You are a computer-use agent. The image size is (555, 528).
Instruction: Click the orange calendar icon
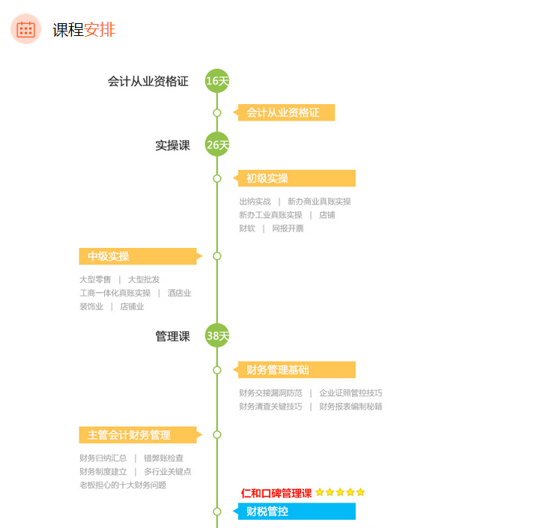point(25,29)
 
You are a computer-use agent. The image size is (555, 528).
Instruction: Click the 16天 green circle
point(217,81)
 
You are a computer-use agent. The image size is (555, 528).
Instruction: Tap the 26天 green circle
point(217,145)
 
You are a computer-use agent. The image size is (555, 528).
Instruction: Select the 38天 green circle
point(217,335)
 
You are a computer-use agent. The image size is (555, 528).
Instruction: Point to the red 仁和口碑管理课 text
point(276,493)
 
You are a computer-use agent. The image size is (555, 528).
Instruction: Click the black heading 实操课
point(173,145)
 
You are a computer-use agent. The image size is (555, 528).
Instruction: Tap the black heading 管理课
point(173,336)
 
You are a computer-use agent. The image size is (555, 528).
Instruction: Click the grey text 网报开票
point(288,228)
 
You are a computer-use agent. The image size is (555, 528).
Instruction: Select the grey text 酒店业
point(179,293)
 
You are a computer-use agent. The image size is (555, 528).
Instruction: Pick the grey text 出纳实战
point(255,201)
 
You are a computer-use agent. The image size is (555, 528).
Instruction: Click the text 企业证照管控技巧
point(351,392)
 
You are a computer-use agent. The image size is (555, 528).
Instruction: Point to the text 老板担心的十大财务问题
point(123,485)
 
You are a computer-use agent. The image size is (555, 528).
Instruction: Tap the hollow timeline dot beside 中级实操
point(217,256)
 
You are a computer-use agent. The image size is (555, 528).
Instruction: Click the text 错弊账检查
point(163,458)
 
